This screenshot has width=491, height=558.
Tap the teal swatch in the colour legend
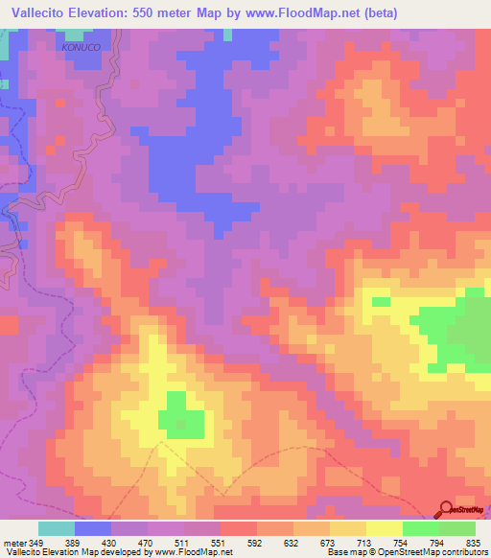tap(57, 528)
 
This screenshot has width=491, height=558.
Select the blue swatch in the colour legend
tap(93, 528)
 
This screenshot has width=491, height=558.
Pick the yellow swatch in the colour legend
tap(384, 528)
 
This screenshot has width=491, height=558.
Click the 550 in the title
tap(158, 13)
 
